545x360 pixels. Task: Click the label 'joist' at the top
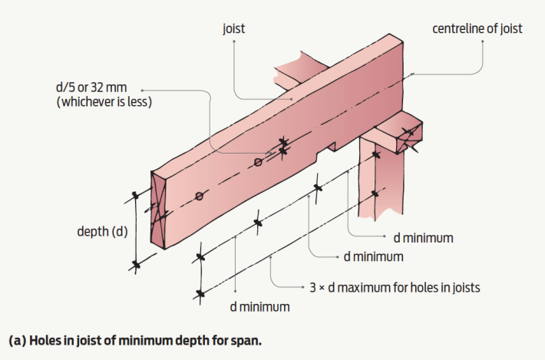pos(234,28)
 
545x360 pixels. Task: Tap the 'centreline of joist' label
pos(477,28)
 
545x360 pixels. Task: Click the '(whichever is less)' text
pos(104,102)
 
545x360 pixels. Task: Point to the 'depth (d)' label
pos(103,231)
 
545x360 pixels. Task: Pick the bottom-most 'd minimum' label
pos(260,307)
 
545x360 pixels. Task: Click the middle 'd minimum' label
pos(373,256)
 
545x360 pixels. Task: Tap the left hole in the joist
pos(200,197)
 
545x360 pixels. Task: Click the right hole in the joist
pos(259,162)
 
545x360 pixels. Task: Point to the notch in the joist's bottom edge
pos(331,145)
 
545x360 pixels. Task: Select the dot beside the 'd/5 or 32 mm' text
pos(141,88)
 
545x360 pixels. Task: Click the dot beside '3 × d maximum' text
pos(302,288)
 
